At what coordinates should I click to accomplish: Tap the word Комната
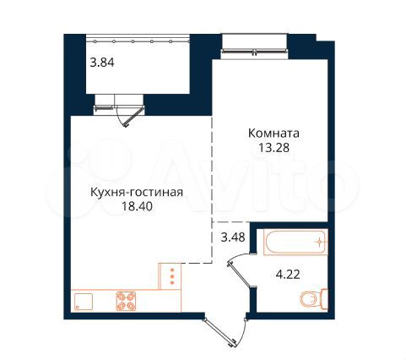tap(274, 134)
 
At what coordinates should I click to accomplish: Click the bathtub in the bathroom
tap(293, 242)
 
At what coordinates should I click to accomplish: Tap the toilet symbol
tap(314, 299)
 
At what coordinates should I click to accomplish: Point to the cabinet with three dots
tap(171, 275)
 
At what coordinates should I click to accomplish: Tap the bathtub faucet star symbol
tap(318, 242)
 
